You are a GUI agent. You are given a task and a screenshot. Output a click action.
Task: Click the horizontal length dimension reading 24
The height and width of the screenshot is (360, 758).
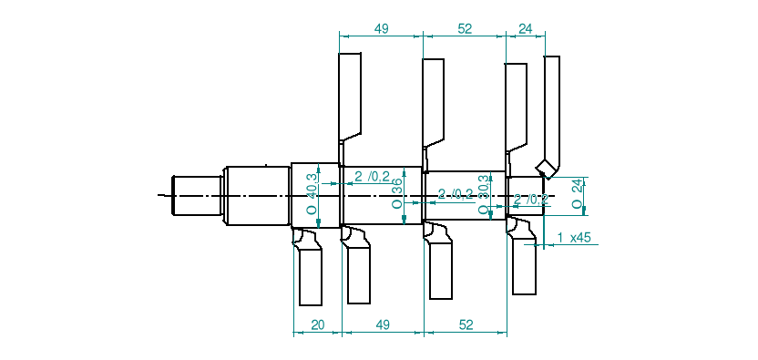coord(525,29)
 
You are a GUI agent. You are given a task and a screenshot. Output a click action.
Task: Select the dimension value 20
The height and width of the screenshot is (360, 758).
coord(317,324)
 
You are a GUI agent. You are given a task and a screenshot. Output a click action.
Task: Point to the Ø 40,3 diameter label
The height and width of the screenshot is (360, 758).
coord(312,194)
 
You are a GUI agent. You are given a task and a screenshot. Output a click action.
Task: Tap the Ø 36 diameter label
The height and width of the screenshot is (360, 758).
coord(396,194)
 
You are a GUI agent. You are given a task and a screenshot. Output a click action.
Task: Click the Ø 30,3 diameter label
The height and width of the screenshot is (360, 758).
coord(484,196)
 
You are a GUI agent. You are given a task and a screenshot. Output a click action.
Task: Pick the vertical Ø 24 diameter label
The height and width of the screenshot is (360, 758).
coord(576,193)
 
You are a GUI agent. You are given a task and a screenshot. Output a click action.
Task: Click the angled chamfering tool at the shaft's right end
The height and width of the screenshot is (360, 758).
coord(550,118)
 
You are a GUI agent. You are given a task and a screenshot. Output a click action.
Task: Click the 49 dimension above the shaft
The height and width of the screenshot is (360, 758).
coord(381,29)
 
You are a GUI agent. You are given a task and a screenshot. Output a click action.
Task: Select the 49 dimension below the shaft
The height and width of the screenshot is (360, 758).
coord(383,324)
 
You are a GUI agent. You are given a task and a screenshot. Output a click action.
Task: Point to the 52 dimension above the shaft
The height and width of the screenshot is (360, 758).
coord(465,29)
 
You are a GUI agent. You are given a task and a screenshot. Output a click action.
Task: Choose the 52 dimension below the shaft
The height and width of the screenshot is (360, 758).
coord(466,324)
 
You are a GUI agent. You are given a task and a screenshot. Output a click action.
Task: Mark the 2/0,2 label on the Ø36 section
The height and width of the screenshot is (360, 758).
coord(372,176)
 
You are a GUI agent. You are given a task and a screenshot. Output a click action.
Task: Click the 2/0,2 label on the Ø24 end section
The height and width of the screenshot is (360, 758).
coord(531,199)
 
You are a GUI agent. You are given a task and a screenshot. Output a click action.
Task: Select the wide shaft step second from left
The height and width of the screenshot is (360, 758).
coord(257,195)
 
